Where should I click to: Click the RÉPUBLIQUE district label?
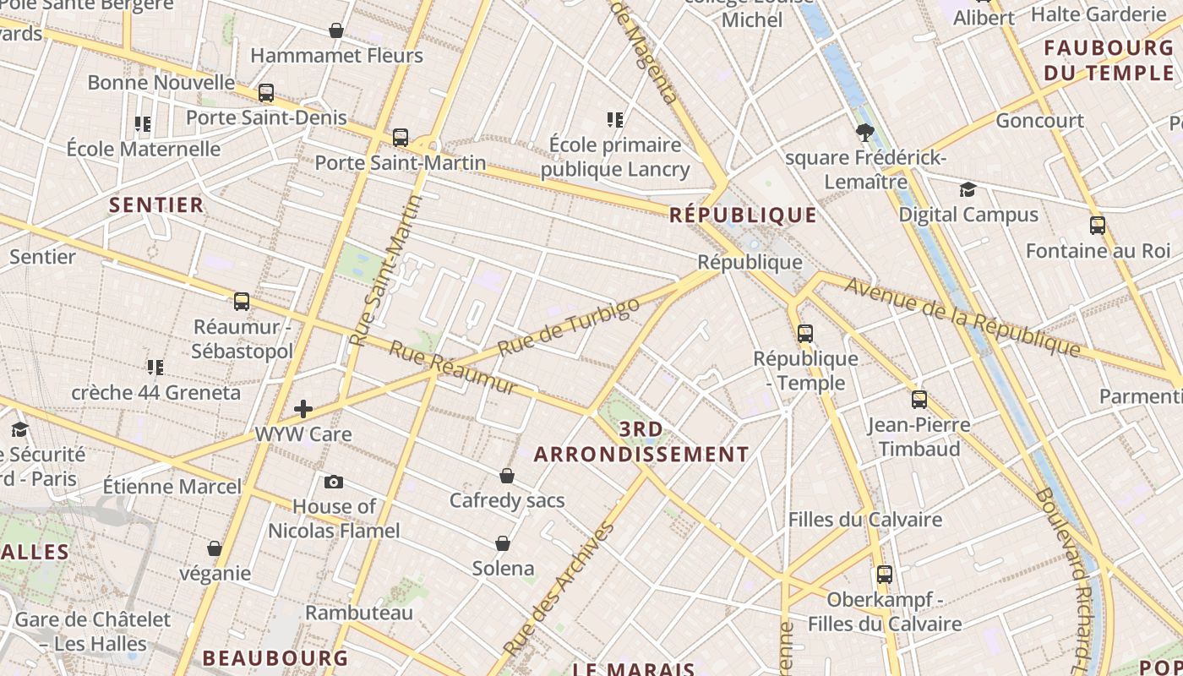pos(743,215)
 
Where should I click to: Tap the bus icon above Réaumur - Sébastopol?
pos(242,302)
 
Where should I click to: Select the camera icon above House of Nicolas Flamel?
pos(334,482)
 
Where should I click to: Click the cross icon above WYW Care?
pos(303,410)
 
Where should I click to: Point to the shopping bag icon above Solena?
pos(503,543)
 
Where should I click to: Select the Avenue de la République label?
pos(962,316)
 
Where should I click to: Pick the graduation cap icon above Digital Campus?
pos(968,190)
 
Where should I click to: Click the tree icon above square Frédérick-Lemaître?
pos(864,132)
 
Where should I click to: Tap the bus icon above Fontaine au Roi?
pos(1098,226)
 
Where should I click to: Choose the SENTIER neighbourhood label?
pos(156,204)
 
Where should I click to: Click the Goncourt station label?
pos(1039,120)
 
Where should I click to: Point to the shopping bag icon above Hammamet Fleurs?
pos(336,31)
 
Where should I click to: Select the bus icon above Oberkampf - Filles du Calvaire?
pos(885,575)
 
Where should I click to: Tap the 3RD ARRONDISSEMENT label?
pos(641,442)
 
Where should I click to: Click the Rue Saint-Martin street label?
pos(386,271)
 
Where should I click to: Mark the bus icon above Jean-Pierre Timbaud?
pos(919,400)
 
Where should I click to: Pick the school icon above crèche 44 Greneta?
pos(155,368)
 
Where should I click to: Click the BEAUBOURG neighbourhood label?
pos(275,657)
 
